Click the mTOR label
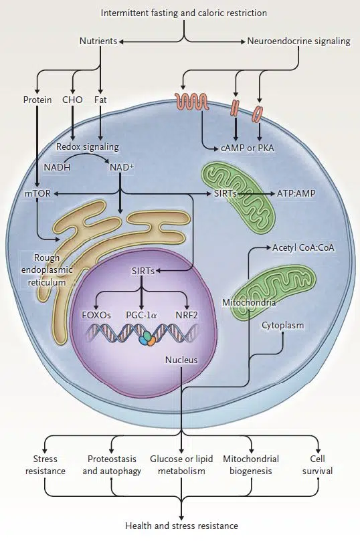(x=37, y=193)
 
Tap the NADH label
(x=57, y=167)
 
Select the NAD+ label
(x=122, y=167)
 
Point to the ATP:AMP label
(x=296, y=193)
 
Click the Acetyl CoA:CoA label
(x=303, y=247)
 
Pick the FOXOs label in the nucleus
(x=96, y=315)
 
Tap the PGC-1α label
(x=141, y=315)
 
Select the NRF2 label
(x=187, y=315)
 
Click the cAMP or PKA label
(x=247, y=148)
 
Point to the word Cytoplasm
(x=282, y=326)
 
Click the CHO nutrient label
(x=72, y=100)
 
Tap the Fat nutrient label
(x=100, y=100)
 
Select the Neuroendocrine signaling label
(x=298, y=41)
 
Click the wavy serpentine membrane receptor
(x=192, y=102)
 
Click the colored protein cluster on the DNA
(x=147, y=338)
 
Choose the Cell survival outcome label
(x=318, y=465)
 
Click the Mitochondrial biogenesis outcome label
(x=251, y=465)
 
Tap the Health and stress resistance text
(x=181, y=526)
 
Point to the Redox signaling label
(x=88, y=147)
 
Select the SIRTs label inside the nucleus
(x=143, y=272)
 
